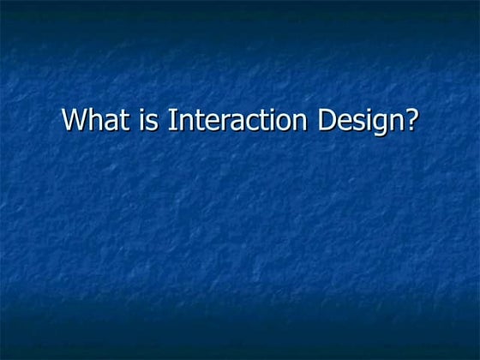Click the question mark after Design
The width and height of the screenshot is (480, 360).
coord(411,120)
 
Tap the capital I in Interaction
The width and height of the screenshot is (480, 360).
coord(171,120)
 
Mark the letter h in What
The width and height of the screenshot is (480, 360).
coord(96,120)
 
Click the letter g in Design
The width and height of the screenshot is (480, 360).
coord(376,123)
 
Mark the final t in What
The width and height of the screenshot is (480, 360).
coord(123,121)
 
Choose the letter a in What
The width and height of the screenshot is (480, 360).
coord(111,122)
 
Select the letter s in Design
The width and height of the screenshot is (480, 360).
coord(356,122)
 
